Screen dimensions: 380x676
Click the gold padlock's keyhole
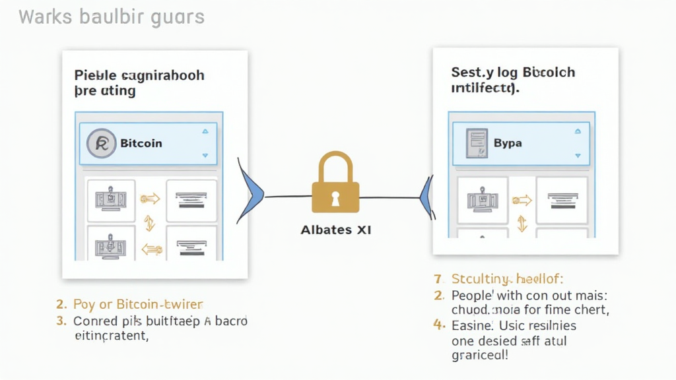[335, 197]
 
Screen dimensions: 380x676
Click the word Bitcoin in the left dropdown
[141, 143]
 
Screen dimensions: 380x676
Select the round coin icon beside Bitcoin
[102, 143]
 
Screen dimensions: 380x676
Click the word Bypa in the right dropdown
[508, 142]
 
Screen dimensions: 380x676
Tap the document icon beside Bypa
[475, 142]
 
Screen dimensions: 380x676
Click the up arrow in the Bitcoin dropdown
[205, 131]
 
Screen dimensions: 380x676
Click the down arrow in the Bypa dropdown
[578, 156]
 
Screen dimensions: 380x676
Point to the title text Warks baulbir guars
[112, 16]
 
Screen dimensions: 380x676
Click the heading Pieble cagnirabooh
[139, 75]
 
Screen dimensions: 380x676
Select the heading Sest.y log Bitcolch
[513, 72]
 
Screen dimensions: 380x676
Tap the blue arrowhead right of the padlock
[426, 195]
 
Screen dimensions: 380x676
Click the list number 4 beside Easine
[438, 325]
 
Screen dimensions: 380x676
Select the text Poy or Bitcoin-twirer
[138, 305]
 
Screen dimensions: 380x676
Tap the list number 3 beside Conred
[61, 321]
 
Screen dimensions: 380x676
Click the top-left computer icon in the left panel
[111, 197]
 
